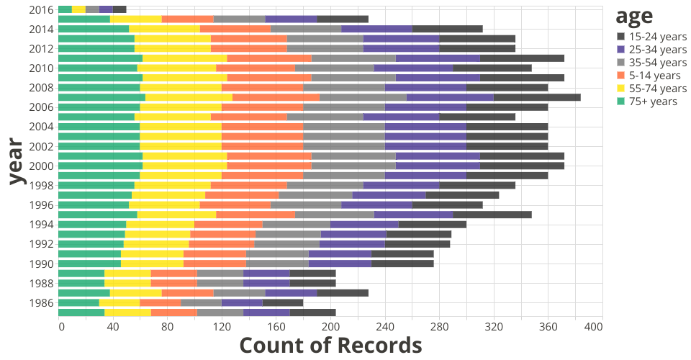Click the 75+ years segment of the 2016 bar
point(65,9)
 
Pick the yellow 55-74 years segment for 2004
point(181,126)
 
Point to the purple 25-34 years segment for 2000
point(438,166)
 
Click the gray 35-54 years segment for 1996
point(306,204)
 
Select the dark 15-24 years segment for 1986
point(283,302)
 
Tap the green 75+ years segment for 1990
point(89,264)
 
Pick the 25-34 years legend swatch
point(621,50)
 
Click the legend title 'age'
point(633,16)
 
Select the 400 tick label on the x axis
point(593,328)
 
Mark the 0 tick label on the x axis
point(61,328)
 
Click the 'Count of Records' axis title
point(330,346)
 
